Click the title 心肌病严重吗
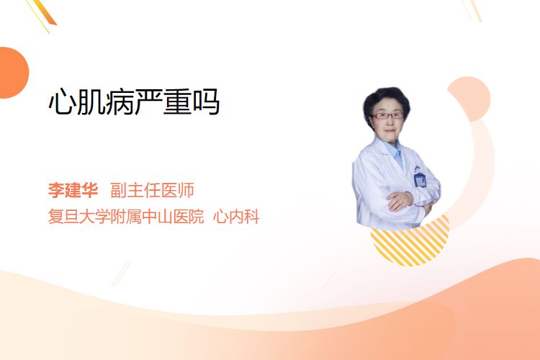134,102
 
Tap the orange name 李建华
73,190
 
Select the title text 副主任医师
152,190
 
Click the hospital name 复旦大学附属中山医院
126,216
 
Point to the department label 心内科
236,216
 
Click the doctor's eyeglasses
387,115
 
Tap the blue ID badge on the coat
420,180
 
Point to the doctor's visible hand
400,200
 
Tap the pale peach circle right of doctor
469,99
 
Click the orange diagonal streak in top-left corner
45,13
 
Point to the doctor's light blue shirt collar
395,152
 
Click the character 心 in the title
62,102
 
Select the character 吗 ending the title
207,102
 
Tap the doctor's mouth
390,131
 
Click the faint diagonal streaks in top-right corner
472,10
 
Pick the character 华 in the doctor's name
90,190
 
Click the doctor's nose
390,122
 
